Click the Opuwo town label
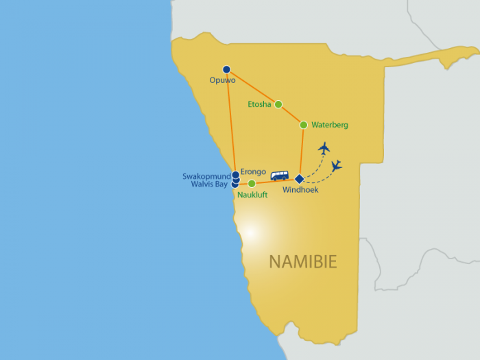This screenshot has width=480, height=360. coord(223,80)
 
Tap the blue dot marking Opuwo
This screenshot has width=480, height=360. coord(226,69)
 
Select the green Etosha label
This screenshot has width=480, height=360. coord(259,104)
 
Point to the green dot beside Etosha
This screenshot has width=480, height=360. coord(278,104)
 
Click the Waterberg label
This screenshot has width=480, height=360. coord(330,125)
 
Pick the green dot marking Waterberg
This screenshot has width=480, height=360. coord(303,125)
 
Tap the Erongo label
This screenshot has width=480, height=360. coord(253,172)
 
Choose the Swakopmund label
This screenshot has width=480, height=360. coord(206,176)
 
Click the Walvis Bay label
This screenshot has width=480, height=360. coord(209,184)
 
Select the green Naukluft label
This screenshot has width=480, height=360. coord(252,195)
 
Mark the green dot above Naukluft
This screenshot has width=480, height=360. coord(252,183)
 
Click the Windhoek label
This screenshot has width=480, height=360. coord(300,190)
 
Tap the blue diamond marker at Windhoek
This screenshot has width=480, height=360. coord(299,179)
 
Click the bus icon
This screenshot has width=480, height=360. coord(280,176)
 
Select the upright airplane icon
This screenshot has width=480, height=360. coord(324,149)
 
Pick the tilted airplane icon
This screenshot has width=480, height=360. coord(337,166)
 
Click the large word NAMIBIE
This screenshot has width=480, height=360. coord(303,262)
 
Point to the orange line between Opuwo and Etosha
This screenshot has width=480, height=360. coord(252,87)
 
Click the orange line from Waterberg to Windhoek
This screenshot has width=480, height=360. coord(302,152)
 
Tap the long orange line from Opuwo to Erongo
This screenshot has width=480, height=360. coord(231,122)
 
